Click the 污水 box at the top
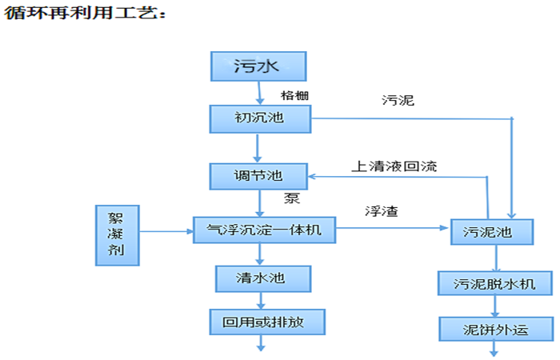point(258,66)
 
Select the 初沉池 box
point(258,120)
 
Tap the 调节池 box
point(258,175)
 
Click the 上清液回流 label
point(394,166)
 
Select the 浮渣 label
point(382,212)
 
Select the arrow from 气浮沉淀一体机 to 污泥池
point(392,229)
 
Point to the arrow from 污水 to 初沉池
point(258,93)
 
